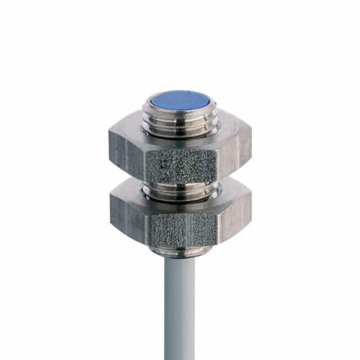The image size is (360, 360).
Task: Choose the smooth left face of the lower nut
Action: coord(128,217)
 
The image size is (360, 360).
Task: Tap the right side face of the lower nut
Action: coord(234,217)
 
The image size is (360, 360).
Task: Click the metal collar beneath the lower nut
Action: coord(179,251)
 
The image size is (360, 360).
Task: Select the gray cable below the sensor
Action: coord(179,304)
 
